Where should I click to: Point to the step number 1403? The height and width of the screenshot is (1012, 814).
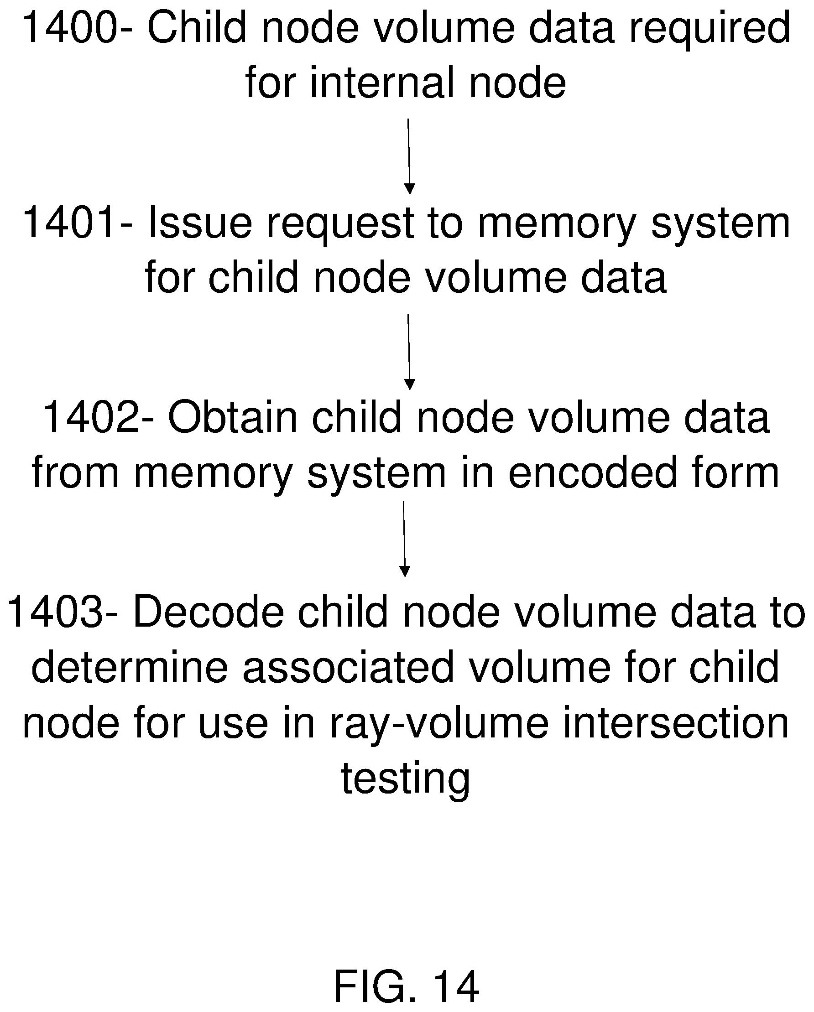55,612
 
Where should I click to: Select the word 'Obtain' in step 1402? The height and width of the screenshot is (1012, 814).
233,417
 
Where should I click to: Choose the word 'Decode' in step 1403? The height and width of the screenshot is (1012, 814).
209,612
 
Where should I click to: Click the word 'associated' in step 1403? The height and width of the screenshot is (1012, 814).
348,667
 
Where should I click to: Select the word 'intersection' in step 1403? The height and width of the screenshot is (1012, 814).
676,722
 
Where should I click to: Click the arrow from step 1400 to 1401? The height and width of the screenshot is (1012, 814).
409,156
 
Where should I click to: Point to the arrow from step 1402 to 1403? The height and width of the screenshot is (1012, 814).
404,539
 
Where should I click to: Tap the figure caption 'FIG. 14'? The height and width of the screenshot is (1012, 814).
407,986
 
